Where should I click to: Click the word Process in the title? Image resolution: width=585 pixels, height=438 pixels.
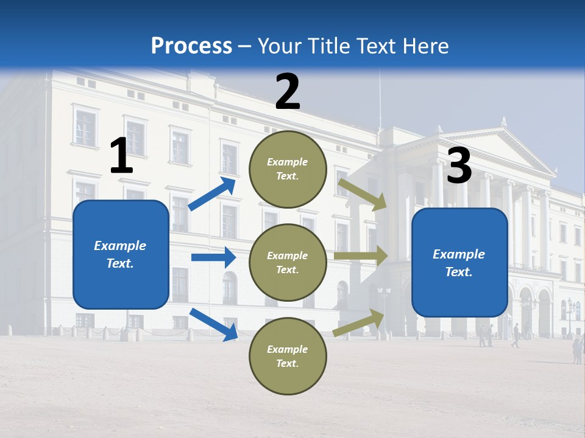coord(191,46)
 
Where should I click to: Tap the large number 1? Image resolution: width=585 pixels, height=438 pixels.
coord(121,156)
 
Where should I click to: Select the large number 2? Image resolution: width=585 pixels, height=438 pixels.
coord(288,92)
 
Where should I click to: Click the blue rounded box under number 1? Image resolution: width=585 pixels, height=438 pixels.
coord(121,254)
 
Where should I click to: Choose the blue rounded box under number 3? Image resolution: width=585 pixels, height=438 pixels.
coord(459,262)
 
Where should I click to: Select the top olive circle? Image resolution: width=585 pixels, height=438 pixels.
coord(288,169)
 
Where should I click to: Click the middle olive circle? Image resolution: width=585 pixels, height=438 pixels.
coord(288,262)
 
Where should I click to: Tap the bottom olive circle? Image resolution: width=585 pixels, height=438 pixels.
coord(288,356)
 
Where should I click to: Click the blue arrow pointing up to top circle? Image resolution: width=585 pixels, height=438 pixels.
coord(213,193)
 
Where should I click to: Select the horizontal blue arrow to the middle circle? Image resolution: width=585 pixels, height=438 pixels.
coord(213,257)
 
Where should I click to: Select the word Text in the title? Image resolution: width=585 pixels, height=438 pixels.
coord(374,46)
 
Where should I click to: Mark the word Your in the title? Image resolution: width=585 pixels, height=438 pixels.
coord(277,46)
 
